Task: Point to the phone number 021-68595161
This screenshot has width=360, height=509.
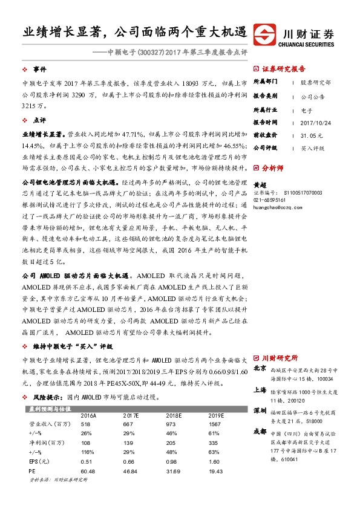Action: [x=271, y=199]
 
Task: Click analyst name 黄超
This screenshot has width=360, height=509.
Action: [x=259, y=185]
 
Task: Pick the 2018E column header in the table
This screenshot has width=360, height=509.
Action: [x=174, y=416]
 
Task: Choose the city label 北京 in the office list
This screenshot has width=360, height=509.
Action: [x=259, y=368]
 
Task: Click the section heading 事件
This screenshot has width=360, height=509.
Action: [x=41, y=69]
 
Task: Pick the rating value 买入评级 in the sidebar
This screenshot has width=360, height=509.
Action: [x=313, y=148]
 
